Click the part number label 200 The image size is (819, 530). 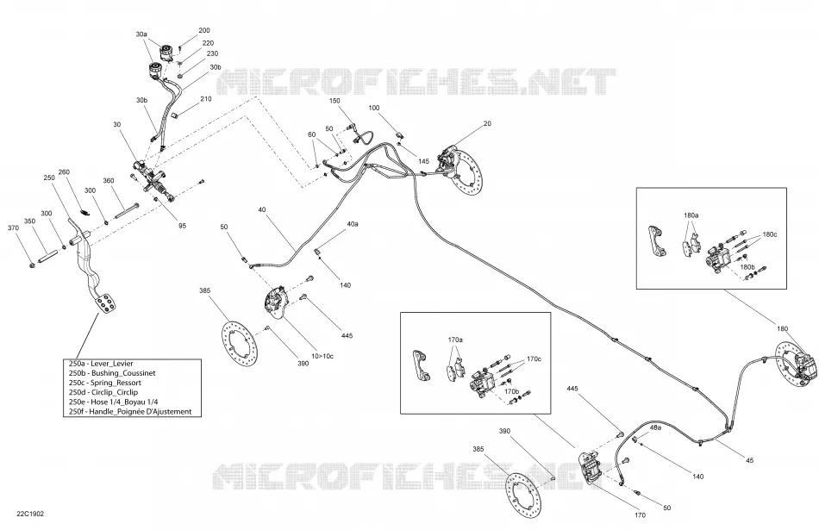pyautogui.click(x=203, y=31)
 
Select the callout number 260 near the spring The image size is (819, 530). pyautogui.click(x=64, y=172)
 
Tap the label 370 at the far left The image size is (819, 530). pyautogui.click(x=14, y=228)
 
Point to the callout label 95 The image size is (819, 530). pyautogui.click(x=182, y=226)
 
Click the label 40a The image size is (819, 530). pyautogui.click(x=353, y=224)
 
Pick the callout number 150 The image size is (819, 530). pyautogui.click(x=334, y=101)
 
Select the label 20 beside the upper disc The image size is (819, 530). pyautogui.click(x=487, y=124)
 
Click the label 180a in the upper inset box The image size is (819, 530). pyautogui.click(x=691, y=215)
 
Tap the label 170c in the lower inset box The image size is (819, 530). pyautogui.click(x=534, y=359)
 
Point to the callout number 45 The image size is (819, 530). pyautogui.click(x=749, y=460)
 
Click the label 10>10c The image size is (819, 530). pyautogui.click(x=322, y=356)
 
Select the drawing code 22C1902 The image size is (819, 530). pyautogui.click(x=30, y=514)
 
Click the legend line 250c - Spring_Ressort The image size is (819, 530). pyautogui.click(x=105, y=383)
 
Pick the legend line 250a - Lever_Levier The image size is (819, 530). pyautogui.click(x=101, y=364)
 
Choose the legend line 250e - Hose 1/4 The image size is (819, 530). pyautogui.click(x=113, y=402)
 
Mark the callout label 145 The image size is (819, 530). pyautogui.click(x=423, y=161)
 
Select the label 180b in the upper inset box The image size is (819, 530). pyautogui.click(x=747, y=267)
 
